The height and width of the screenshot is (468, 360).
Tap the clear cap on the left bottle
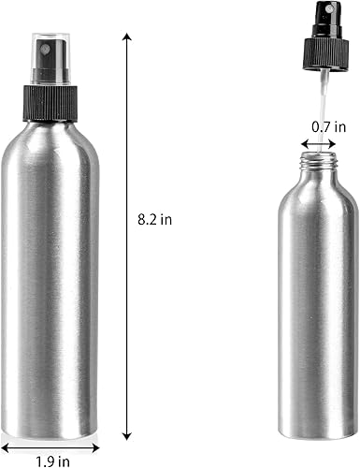tap(49, 50)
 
